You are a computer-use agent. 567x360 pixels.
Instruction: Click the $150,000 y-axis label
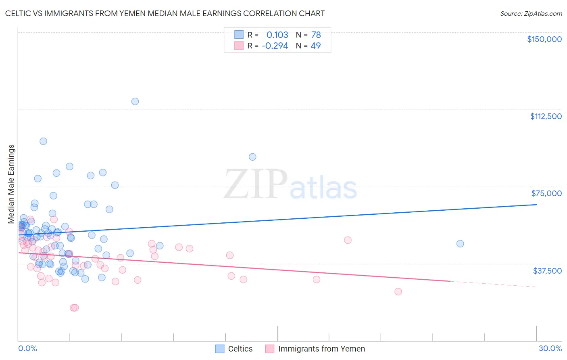coord(544,39)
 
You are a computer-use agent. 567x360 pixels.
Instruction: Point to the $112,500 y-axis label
coord(546,116)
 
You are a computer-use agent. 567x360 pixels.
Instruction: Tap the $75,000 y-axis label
coord(546,193)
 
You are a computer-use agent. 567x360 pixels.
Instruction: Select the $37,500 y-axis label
coord(547,271)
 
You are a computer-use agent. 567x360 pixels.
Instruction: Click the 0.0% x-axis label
coord(27,349)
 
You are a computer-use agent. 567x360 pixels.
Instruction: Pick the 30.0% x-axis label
coord(550,349)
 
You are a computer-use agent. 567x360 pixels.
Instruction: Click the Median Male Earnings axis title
coord(11,184)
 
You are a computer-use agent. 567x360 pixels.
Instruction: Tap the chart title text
coord(165,13)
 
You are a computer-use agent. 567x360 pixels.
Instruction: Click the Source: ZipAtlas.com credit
coord(531,14)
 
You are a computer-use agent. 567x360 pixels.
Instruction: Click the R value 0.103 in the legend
coord(277,35)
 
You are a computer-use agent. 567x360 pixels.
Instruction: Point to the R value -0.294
coord(275,46)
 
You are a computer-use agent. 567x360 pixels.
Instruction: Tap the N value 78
coord(316,35)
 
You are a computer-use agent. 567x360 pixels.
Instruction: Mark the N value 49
coord(315,46)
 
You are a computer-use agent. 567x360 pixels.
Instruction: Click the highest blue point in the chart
coord(135,101)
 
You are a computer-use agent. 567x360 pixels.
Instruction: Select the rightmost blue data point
coord(460,244)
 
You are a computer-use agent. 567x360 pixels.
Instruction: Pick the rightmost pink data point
coord(398,291)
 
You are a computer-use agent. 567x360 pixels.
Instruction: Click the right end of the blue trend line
coord(536,205)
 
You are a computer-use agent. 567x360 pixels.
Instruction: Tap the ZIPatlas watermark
coord(290,185)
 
